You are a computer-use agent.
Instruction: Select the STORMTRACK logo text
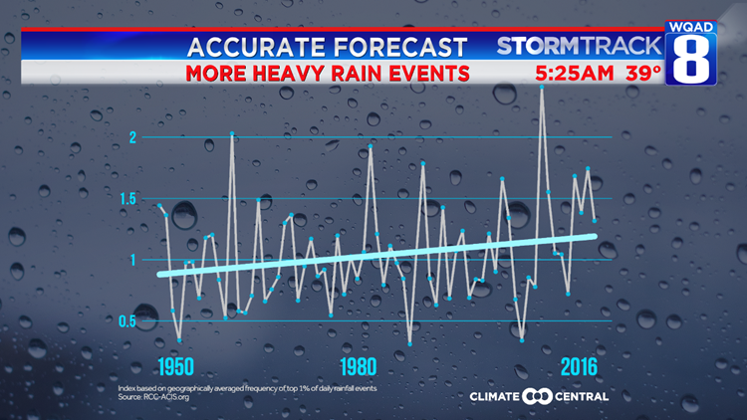[x=579, y=46]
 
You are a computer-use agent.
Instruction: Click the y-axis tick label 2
[x=132, y=137]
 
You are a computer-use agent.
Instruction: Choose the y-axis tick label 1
[x=132, y=260]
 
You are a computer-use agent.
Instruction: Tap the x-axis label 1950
[x=174, y=364]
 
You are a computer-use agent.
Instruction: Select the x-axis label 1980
[x=360, y=364]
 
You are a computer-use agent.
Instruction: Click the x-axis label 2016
[x=579, y=364]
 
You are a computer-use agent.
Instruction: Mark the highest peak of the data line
[x=541, y=87]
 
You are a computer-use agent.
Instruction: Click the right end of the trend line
[x=595, y=236]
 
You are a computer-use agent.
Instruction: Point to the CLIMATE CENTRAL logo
[x=539, y=396]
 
